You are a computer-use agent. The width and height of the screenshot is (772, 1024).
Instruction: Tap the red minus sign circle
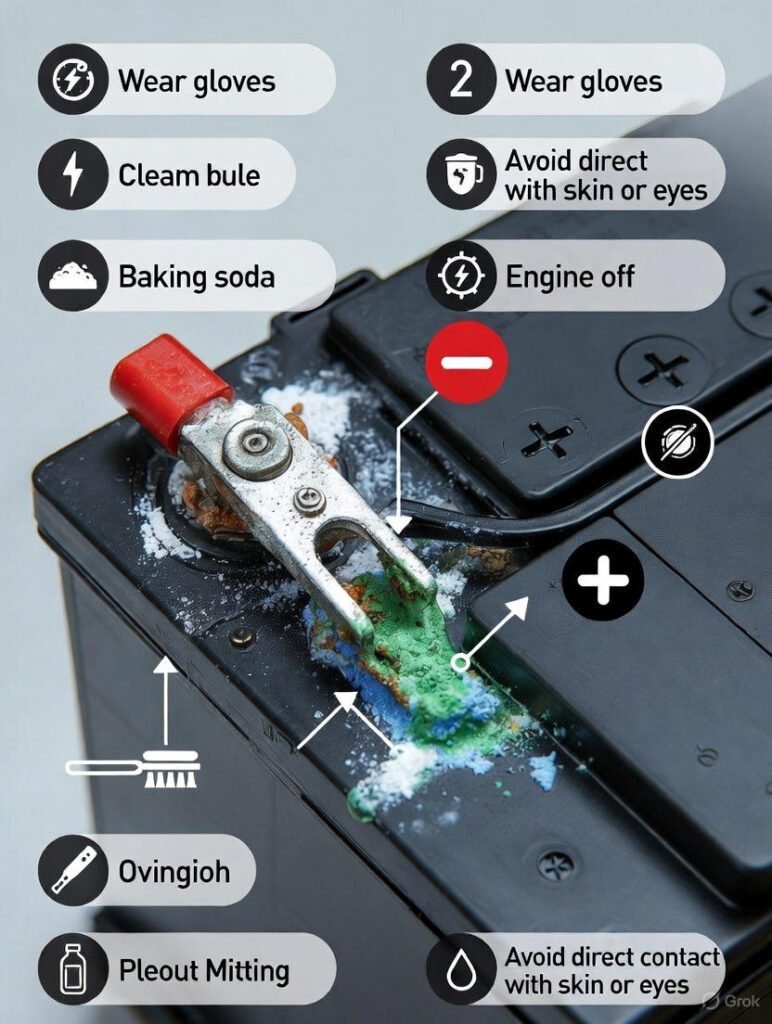pyautogui.click(x=466, y=362)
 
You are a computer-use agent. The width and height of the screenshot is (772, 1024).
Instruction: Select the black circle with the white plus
pyautogui.click(x=602, y=580)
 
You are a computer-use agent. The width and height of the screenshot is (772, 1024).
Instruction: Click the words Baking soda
pyautogui.click(x=196, y=276)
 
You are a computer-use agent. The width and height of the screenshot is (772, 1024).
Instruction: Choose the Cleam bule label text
pyautogui.click(x=189, y=175)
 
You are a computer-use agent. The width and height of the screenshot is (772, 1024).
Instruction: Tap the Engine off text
pyautogui.click(x=569, y=276)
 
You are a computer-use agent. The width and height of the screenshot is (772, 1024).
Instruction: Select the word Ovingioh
pyautogui.click(x=174, y=871)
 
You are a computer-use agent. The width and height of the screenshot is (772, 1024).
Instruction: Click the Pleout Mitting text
pyautogui.click(x=204, y=970)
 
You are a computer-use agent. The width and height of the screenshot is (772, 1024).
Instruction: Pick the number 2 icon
pyautogui.click(x=461, y=79)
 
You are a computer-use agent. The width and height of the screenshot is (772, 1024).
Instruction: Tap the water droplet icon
pyautogui.click(x=461, y=970)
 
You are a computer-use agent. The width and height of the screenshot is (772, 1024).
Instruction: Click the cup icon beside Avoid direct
pyautogui.click(x=461, y=175)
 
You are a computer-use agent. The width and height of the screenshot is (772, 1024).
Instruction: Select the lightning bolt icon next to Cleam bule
pyautogui.click(x=73, y=175)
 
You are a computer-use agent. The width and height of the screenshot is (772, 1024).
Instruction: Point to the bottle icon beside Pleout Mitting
pyautogui.click(x=73, y=970)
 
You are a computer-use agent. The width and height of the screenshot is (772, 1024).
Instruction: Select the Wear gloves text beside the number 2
pyautogui.click(x=583, y=80)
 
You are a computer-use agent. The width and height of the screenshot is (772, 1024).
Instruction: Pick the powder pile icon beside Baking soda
pyautogui.click(x=73, y=276)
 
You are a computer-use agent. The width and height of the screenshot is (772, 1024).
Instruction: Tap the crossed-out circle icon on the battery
pyautogui.click(x=677, y=440)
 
